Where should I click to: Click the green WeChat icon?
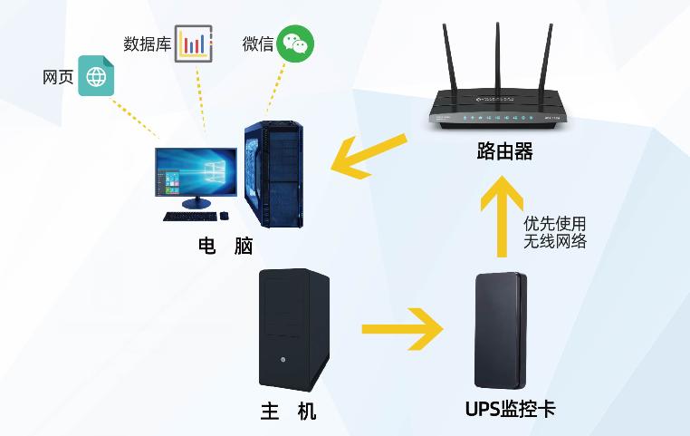295,44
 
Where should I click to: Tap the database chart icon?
193,44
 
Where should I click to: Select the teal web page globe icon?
96,76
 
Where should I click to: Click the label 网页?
58,77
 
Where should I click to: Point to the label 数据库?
146,44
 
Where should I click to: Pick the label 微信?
257,44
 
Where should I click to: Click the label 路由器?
504,152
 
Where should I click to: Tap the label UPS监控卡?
510,410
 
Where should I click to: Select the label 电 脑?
225,247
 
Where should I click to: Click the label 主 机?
288,412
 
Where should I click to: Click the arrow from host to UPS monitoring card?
402,328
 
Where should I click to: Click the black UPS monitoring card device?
499,331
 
